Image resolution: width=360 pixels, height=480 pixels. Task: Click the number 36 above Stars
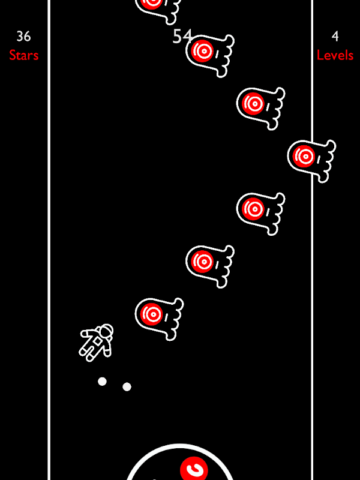point(23,37)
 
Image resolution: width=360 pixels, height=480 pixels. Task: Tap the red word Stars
point(23,55)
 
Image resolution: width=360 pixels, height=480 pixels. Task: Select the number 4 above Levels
point(335,37)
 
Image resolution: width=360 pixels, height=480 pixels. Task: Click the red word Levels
point(335,55)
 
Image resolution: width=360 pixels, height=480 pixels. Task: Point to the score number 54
point(182,37)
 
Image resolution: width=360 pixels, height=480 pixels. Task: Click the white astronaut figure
point(96,343)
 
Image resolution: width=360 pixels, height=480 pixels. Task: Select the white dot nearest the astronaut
point(102,382)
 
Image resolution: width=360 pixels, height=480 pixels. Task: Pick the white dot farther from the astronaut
point(127,387)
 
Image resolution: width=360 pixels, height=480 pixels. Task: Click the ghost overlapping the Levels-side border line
point(311,161)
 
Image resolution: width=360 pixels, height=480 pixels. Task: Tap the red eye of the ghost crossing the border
point(304,156)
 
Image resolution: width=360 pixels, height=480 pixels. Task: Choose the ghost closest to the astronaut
point(159,319)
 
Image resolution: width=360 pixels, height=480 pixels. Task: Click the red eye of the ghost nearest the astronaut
point(152,314)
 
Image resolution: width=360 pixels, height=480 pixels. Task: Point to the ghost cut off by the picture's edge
point(158,9)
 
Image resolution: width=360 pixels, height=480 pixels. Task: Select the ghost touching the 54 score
point(209,55)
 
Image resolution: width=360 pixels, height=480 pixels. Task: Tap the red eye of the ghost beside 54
point(202,51)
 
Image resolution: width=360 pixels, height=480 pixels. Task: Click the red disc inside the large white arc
point(194,469)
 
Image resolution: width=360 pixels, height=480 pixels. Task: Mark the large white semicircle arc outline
point(179,446)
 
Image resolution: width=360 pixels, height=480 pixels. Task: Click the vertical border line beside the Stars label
point(49,240)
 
